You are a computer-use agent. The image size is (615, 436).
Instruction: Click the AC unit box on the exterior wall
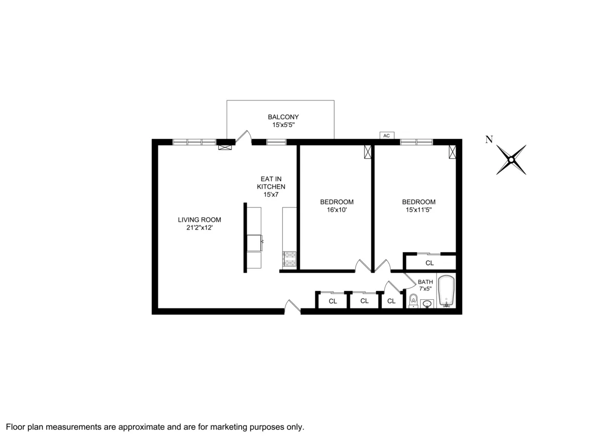pos(386,135)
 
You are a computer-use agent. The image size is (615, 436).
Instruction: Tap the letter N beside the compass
pos(489,139)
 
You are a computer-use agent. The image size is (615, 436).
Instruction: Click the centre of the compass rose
pos(511,160)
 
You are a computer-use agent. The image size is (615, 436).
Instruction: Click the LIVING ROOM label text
pos(199,220)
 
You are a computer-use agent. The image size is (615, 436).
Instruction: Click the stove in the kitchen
pos(290,259)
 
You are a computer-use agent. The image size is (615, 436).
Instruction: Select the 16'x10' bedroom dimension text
pos(336,210)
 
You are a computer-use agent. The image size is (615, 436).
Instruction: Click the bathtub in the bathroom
pos(446,292)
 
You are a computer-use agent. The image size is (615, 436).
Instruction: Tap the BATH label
pos(425,282)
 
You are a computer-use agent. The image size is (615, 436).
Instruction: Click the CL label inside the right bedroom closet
pos(429,263)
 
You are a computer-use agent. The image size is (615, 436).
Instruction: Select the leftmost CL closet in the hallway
pos(333,301)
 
